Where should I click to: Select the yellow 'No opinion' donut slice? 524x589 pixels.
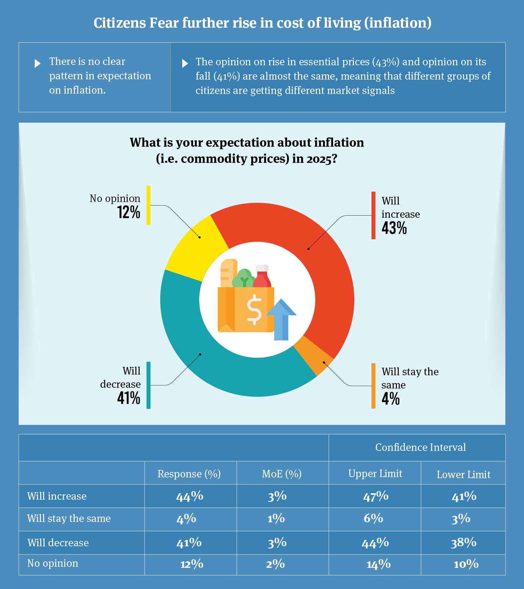pyautogui.click(x=194, y=248)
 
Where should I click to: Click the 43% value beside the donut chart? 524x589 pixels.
pyautogui.click(x=394, y=228)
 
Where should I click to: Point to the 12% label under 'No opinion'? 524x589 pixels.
pyautogui.click(x=128, y=212)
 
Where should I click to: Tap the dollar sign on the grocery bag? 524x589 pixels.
pyautogui.click(x=254, y=310)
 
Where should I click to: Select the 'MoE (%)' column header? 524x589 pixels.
pyautogui.click(x=282, y=474)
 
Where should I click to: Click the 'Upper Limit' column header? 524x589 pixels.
pyautogui.click(x=375, y=473)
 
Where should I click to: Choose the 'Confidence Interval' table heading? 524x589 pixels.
pyautogui.click(x=420, y=447)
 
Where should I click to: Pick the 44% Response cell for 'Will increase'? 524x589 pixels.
pyautogui.click(x=190, y=496)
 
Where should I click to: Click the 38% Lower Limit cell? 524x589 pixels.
pyautogui.click(x=463, y=543)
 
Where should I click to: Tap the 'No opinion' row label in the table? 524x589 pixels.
pyautogui.click(x=53, y=563)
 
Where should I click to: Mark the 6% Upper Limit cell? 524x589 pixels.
pyautogui.click(x=373, y=518)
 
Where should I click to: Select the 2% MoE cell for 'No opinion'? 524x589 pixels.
pyautogui.click(x=275, y=564)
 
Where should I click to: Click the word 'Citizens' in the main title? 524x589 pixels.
pyautogui.click(x=120, y=23)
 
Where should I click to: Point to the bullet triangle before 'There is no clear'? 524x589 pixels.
pyautogui.click(x=37, y=63)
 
